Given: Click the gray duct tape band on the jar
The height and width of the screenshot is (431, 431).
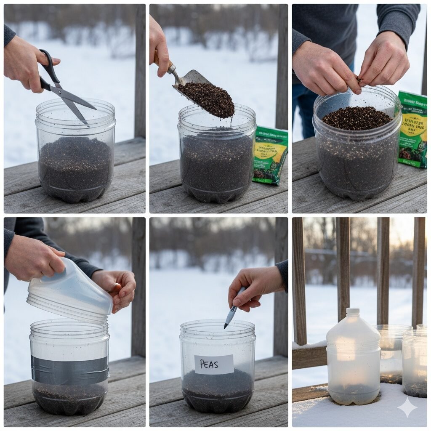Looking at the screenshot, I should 69,370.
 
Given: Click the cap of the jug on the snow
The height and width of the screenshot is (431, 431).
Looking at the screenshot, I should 353,312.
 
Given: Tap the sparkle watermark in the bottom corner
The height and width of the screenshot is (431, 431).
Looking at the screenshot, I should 407,407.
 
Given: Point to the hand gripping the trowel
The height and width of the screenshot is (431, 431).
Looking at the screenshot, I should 159,46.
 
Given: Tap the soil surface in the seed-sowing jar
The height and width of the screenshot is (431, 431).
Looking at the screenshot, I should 357,117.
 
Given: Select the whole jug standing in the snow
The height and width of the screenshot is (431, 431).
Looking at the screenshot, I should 353,358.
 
